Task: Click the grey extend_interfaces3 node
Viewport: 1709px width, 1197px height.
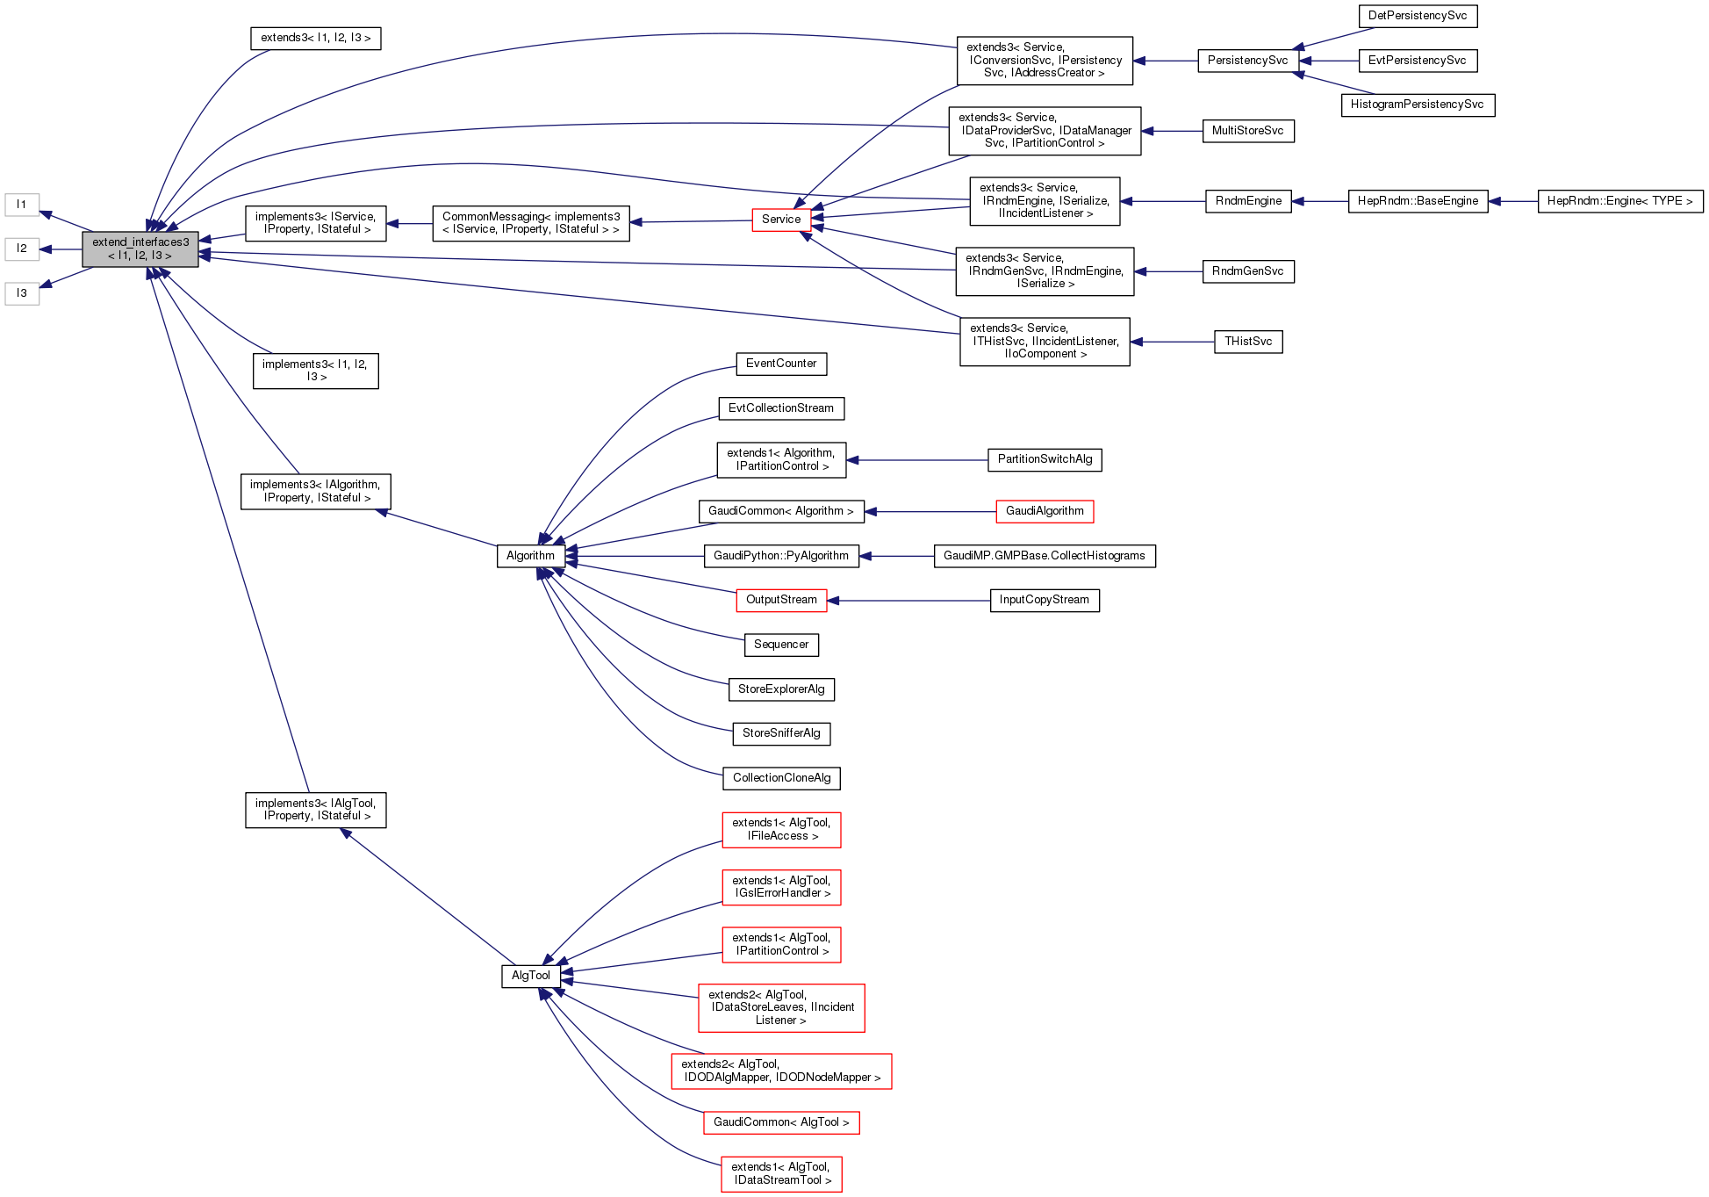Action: tap(140, 249)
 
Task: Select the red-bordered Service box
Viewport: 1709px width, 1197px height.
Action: tap(780, 220)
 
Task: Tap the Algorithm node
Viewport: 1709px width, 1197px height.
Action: tap(530, 556)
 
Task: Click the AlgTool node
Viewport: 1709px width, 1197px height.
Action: tap(530, 976)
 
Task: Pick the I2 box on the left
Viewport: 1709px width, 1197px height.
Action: tap(22, 249)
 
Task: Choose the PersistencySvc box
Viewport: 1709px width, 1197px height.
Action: tap(1246, 61)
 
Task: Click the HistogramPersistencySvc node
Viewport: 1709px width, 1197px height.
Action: tap(1417, 105)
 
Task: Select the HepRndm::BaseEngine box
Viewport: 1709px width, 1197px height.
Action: tap(1417, 201)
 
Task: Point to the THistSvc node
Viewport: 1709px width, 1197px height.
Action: tap(1247, 342)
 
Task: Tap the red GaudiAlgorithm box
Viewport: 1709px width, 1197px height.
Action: tap(1044, 511)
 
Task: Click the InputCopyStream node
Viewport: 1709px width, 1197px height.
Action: tap(1044, 600)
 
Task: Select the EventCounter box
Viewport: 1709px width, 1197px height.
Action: tap(780, 364)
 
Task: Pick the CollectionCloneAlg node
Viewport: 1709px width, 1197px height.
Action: tap(780, 778)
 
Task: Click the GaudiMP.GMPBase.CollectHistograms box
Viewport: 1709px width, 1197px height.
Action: tap(1044, 556)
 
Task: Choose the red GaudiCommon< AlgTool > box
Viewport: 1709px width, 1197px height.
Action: tap(780, 1122)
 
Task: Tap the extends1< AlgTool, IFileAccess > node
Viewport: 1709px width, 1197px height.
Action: tap(780, 830)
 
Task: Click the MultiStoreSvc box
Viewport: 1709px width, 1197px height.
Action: tap(1246, 131)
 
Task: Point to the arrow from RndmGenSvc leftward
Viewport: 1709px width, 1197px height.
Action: tap(1168, 271)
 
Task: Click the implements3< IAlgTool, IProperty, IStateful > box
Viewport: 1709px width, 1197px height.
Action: tap(315, 810)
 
